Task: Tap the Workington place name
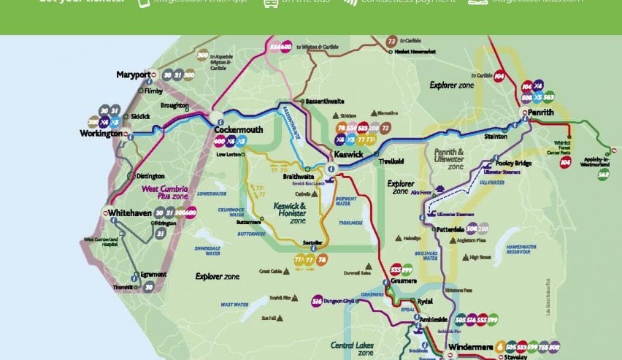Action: [100, 134]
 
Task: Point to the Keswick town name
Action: [348, 155]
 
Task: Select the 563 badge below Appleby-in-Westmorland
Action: [603, 174]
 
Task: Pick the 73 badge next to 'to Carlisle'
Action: [392, 42]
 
